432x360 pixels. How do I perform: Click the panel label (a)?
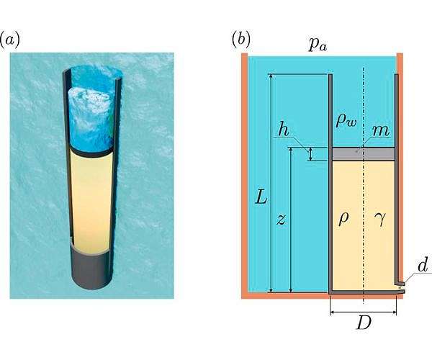coord(9,39)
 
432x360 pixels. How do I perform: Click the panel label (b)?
coord(240,39)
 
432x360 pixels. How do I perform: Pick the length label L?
coord(261,196)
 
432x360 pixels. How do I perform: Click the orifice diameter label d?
coord(423,266)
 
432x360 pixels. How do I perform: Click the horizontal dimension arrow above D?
coord(363,312)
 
